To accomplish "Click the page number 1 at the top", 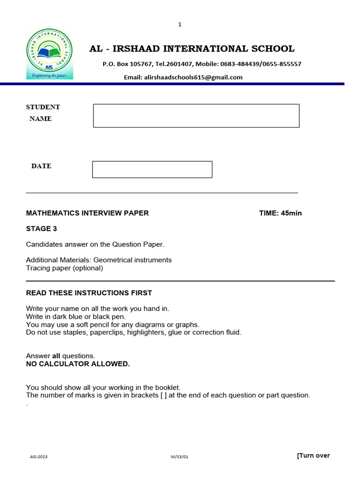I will (x=180, y=24).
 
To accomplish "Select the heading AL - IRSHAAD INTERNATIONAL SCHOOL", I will (x=192, y=49).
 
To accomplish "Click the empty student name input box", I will (x=196, y=116).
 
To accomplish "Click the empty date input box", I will (x=152, y=170).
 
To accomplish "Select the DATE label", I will (x=41, y=166).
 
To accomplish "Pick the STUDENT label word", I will (x=43, y=107).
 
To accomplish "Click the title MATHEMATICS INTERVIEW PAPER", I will (x=87, y=213).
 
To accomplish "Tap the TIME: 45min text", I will (x=280, y=213).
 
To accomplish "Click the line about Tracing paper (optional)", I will (x=64, y=269).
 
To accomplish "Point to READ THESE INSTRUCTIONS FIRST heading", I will (x=89, y=293).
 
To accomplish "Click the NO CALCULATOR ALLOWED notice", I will (x=78, y=364).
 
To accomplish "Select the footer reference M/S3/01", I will (x=180, y=456).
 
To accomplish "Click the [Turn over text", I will (x=313, y=456).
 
